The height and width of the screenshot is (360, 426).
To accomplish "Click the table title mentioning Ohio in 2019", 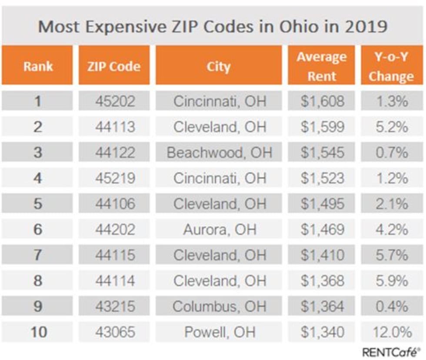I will point(213,27).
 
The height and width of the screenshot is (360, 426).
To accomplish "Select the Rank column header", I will point(38,66).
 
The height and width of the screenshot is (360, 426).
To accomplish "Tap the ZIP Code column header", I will point(114,66).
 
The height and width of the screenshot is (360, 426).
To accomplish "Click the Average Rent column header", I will point(322,66).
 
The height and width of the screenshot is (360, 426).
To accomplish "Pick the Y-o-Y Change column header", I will point(391,66).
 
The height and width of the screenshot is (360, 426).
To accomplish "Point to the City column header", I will point(218,66).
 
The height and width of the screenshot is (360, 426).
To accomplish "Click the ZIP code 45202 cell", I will point(115,102).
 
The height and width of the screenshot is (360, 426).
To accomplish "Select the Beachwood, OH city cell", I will point(220,153).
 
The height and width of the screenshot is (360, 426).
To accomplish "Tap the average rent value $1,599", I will point(322,127).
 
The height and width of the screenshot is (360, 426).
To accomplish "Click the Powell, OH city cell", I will point(220,332).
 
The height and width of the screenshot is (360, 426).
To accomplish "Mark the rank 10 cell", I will point(38,332).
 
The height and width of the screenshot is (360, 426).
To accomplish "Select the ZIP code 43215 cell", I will point(115,307).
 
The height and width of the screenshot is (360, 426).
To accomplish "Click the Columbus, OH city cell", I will point(220,307).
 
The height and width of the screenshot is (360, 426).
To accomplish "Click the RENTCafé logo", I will point(391,351).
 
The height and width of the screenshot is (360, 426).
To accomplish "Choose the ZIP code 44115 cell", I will point(115,255).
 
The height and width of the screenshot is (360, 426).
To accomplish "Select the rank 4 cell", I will point(38,178).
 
